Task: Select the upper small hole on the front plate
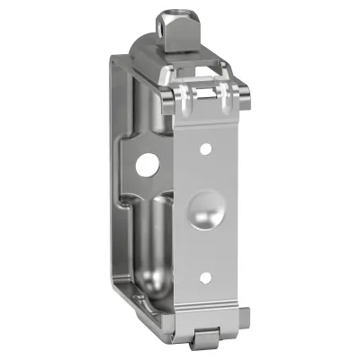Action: coord(205,147)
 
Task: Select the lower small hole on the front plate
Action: coord(205,276)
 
